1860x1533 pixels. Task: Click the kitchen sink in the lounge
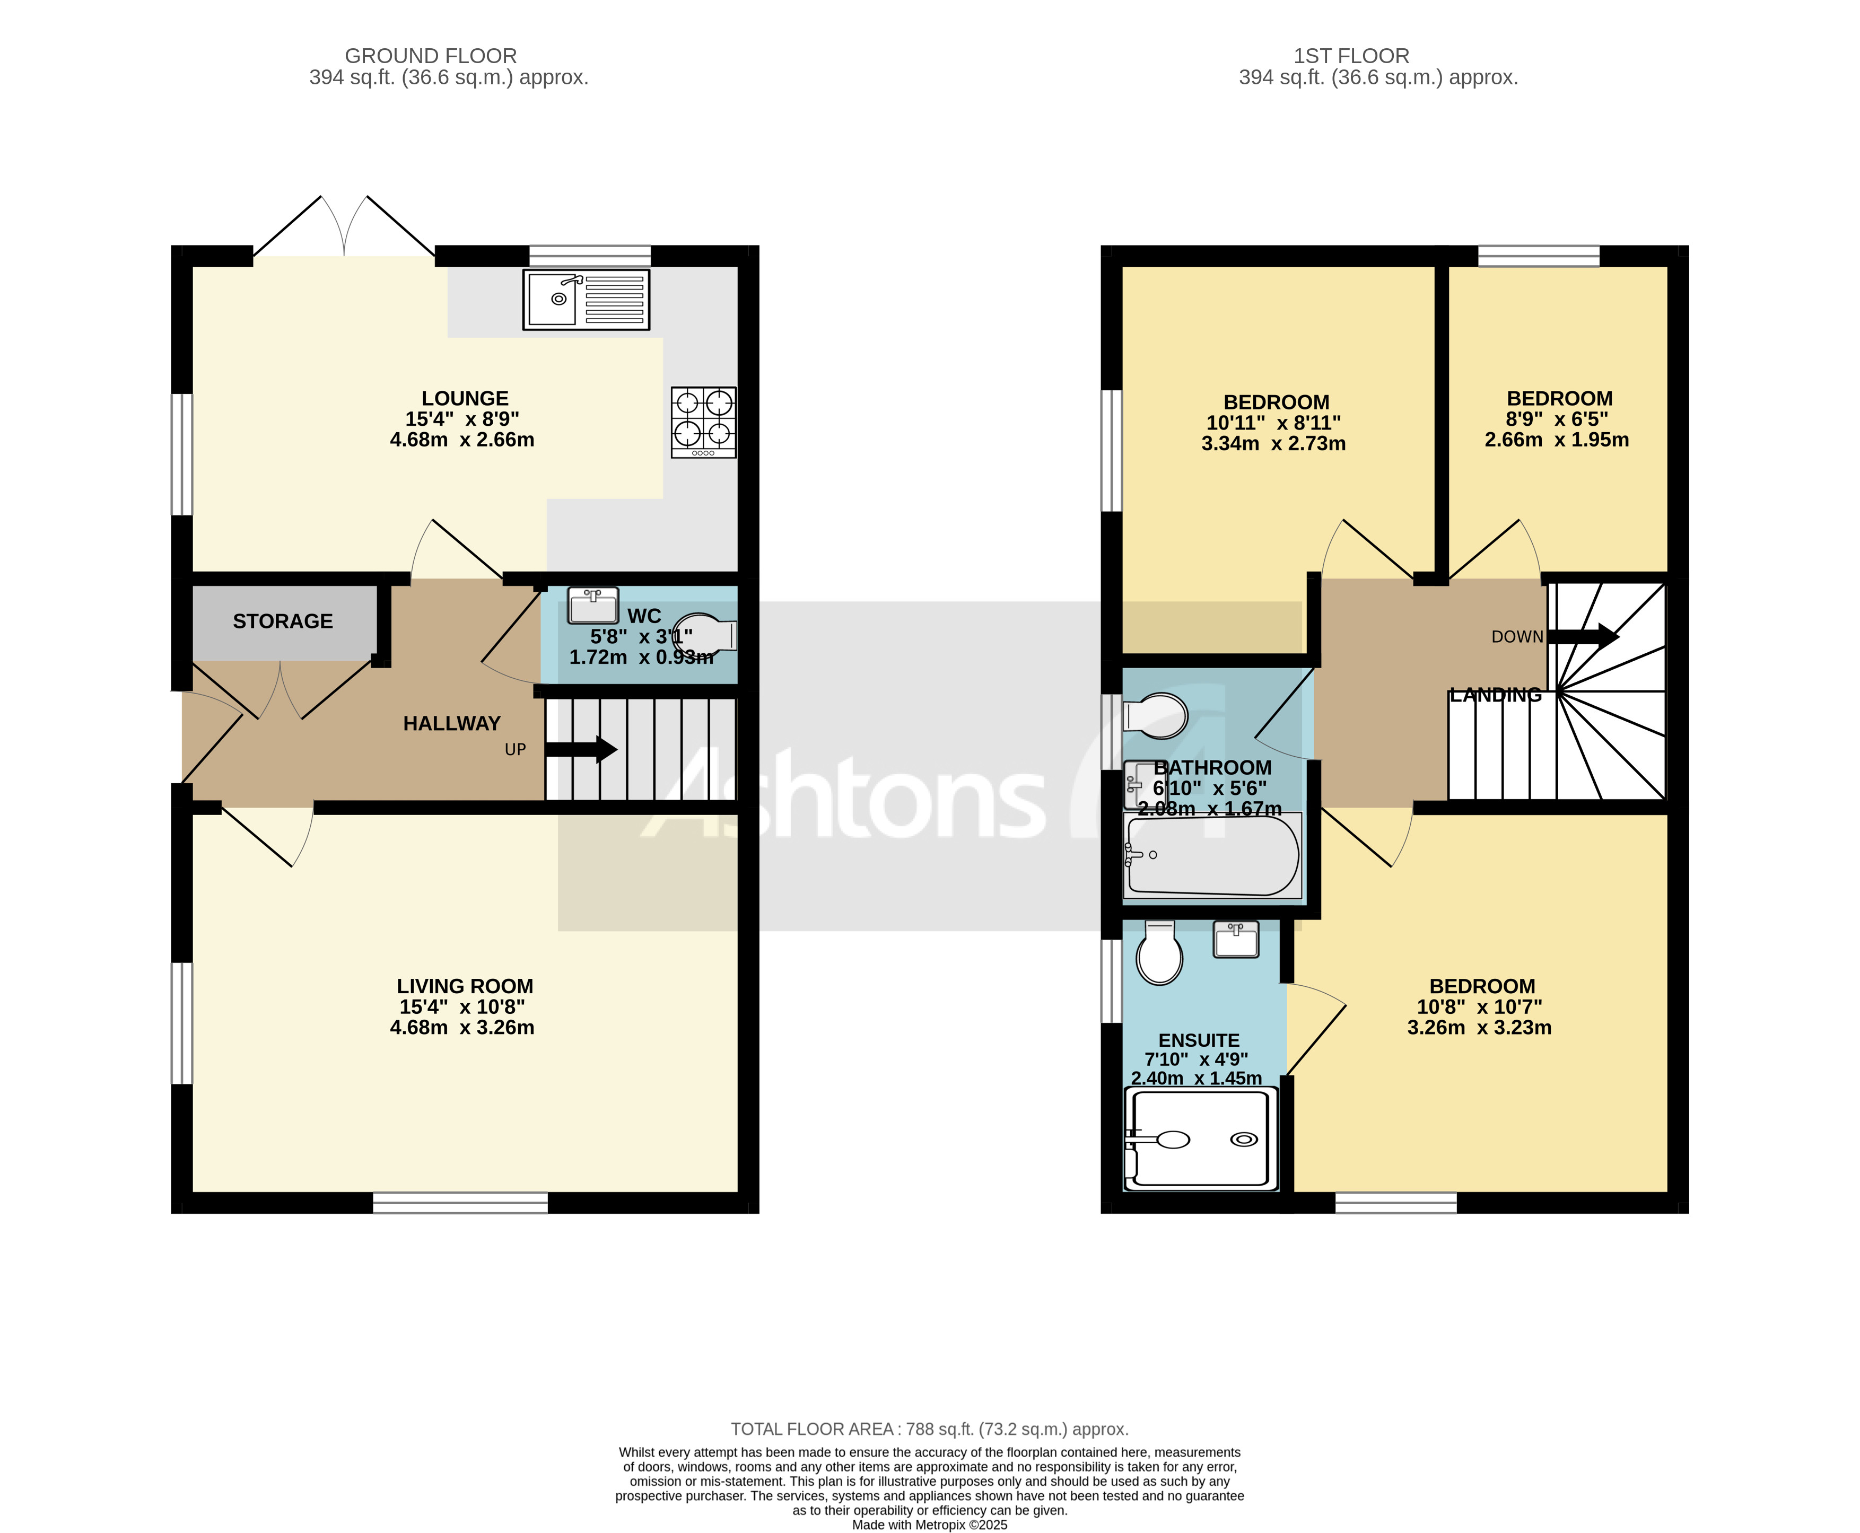(586, 300)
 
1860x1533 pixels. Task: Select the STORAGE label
(283, 621)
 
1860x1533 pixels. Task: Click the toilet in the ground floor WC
(705, 634)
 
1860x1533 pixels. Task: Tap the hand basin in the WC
(592, 606)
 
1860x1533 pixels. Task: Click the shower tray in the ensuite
(1201, 1139)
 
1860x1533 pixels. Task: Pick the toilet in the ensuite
(1159, 954)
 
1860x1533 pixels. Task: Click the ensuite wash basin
(1236, 939)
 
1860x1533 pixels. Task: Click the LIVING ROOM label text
(465, 985)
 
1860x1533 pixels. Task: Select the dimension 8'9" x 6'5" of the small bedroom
(1556, 418)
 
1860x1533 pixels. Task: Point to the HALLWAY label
(451, 723)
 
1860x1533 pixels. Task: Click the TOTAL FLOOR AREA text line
(929, 1429)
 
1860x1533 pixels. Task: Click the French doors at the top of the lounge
(344, 228)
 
